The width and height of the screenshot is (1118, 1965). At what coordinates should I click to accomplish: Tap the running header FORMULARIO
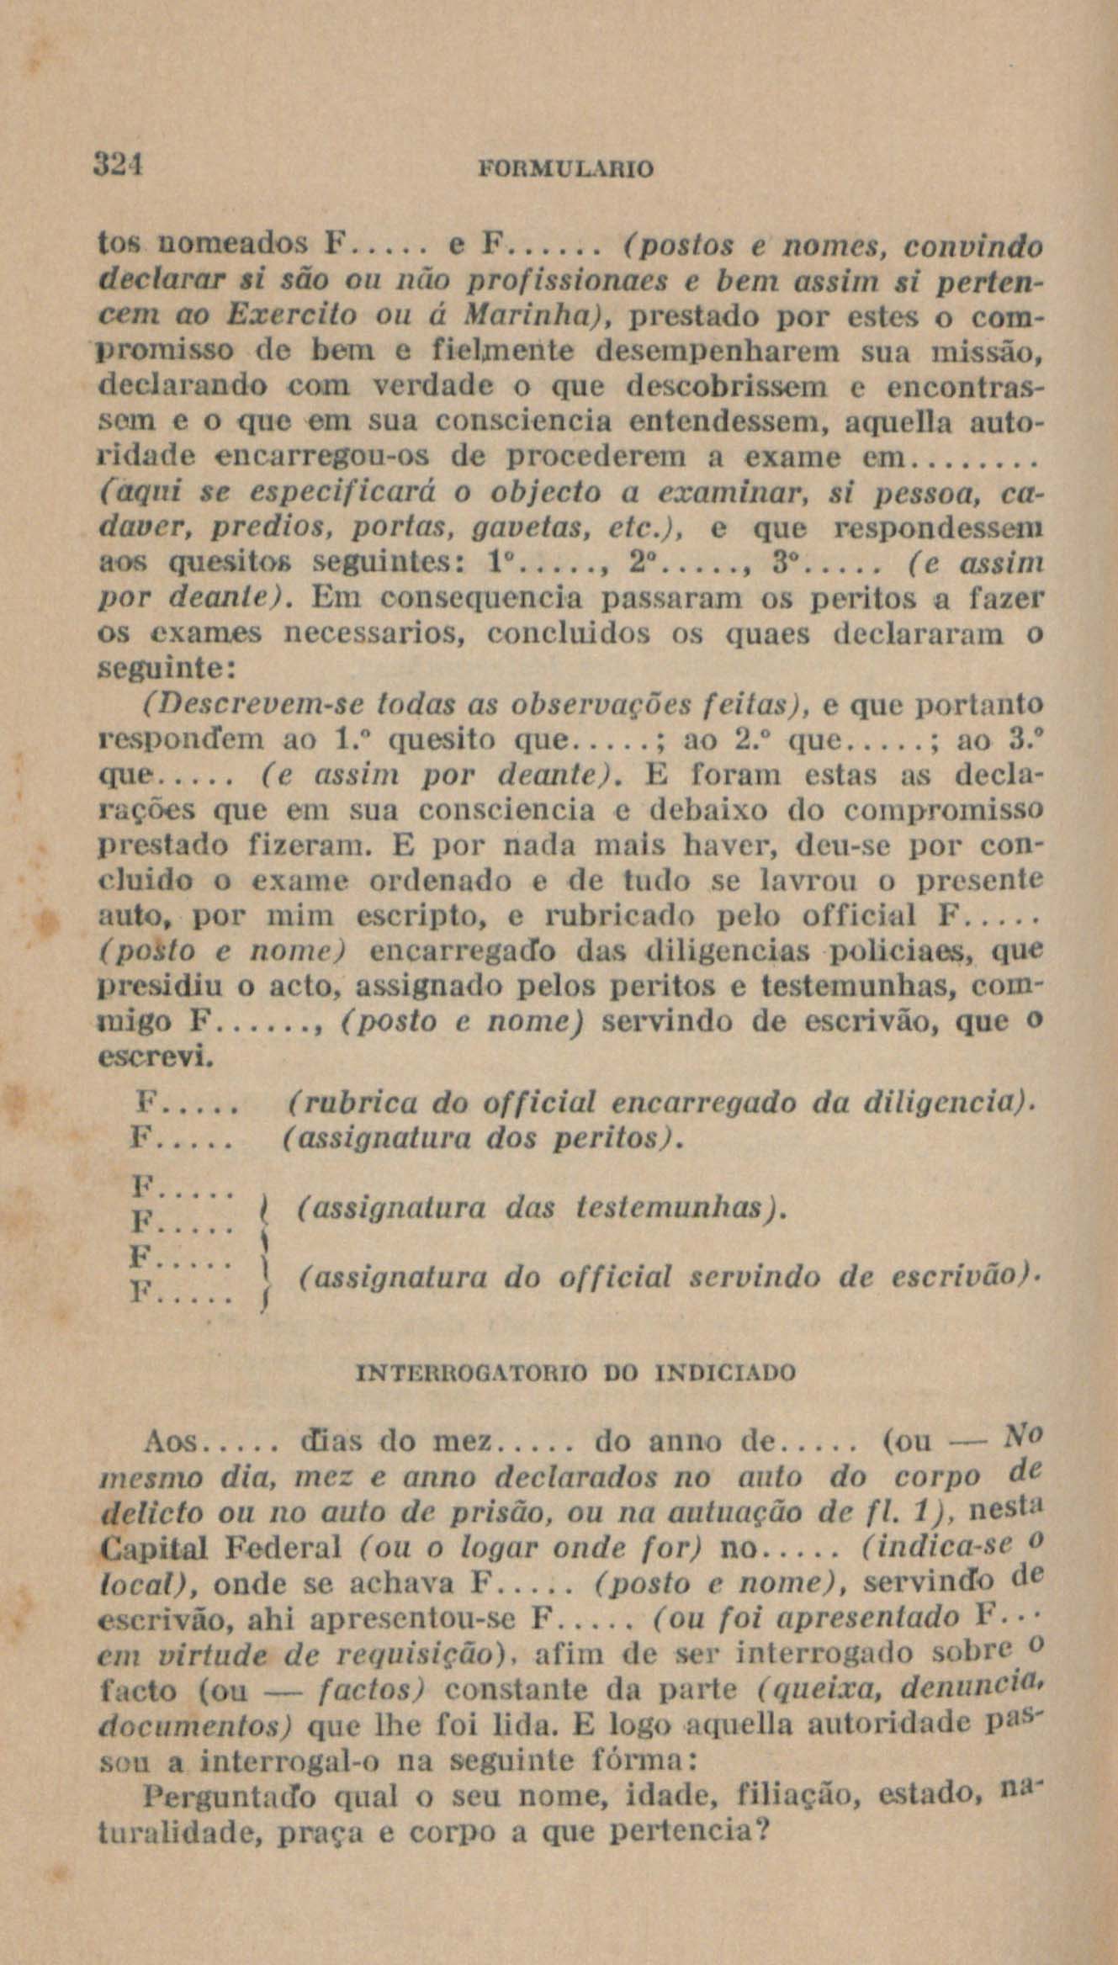coord(565,169)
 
